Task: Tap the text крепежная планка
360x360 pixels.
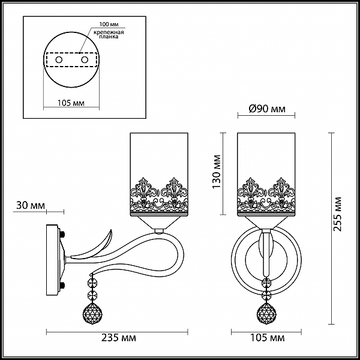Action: point(109,34)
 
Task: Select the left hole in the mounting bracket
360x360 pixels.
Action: point(59,60)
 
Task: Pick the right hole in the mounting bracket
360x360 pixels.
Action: point(85,60)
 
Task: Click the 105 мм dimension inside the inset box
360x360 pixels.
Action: point(71,103)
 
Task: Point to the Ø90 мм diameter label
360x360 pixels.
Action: point(267,109)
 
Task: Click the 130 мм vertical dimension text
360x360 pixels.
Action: point(217,172)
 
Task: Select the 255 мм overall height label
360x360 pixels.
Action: point(337,214)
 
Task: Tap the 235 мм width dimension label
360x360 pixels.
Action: point(119,338)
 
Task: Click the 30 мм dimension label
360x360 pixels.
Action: point(31,205)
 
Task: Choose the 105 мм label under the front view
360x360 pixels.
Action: point(267,337)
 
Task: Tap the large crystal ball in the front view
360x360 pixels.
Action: point(266,313)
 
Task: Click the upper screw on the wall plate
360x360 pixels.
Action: point(62,235)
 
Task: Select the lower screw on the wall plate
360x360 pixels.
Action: point(62,286)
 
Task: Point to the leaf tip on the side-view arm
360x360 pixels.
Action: point(112,230)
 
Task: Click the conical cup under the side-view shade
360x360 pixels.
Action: point(159,222)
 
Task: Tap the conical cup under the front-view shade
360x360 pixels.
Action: point(266,222)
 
